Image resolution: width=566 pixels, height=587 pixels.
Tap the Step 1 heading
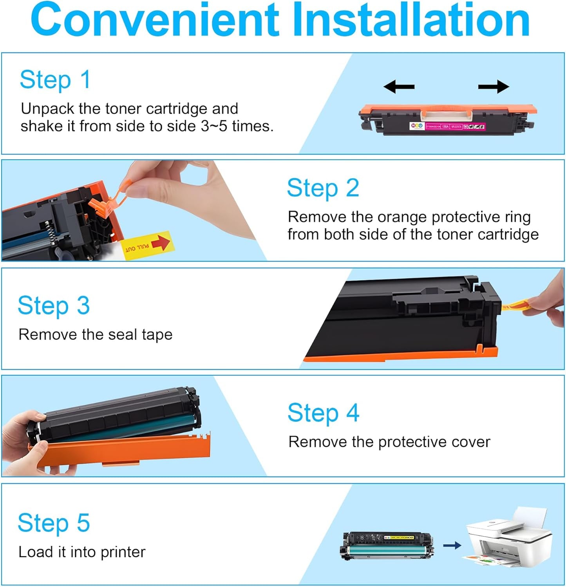click(x=55, y=80)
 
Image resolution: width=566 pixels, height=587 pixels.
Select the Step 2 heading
click(x=323, y=188)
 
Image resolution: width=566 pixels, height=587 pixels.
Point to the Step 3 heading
click(x=54, y=305)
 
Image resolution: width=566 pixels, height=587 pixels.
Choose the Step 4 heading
click(x=323, y=413)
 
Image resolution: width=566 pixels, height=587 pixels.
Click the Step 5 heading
click(x=54, y=523)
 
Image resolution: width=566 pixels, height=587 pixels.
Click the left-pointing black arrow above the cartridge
click(x=399, y=87)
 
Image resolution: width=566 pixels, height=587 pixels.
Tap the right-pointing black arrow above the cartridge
click(x=494, y=87)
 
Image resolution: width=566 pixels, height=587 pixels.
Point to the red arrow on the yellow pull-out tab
click(x=161, y=243)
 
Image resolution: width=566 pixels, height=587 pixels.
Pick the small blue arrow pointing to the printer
click(x=452, y=545)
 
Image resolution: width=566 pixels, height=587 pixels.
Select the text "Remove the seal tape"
click(x=95, y=335)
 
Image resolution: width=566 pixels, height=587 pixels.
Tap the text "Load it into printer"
click(x=82, y=552)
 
